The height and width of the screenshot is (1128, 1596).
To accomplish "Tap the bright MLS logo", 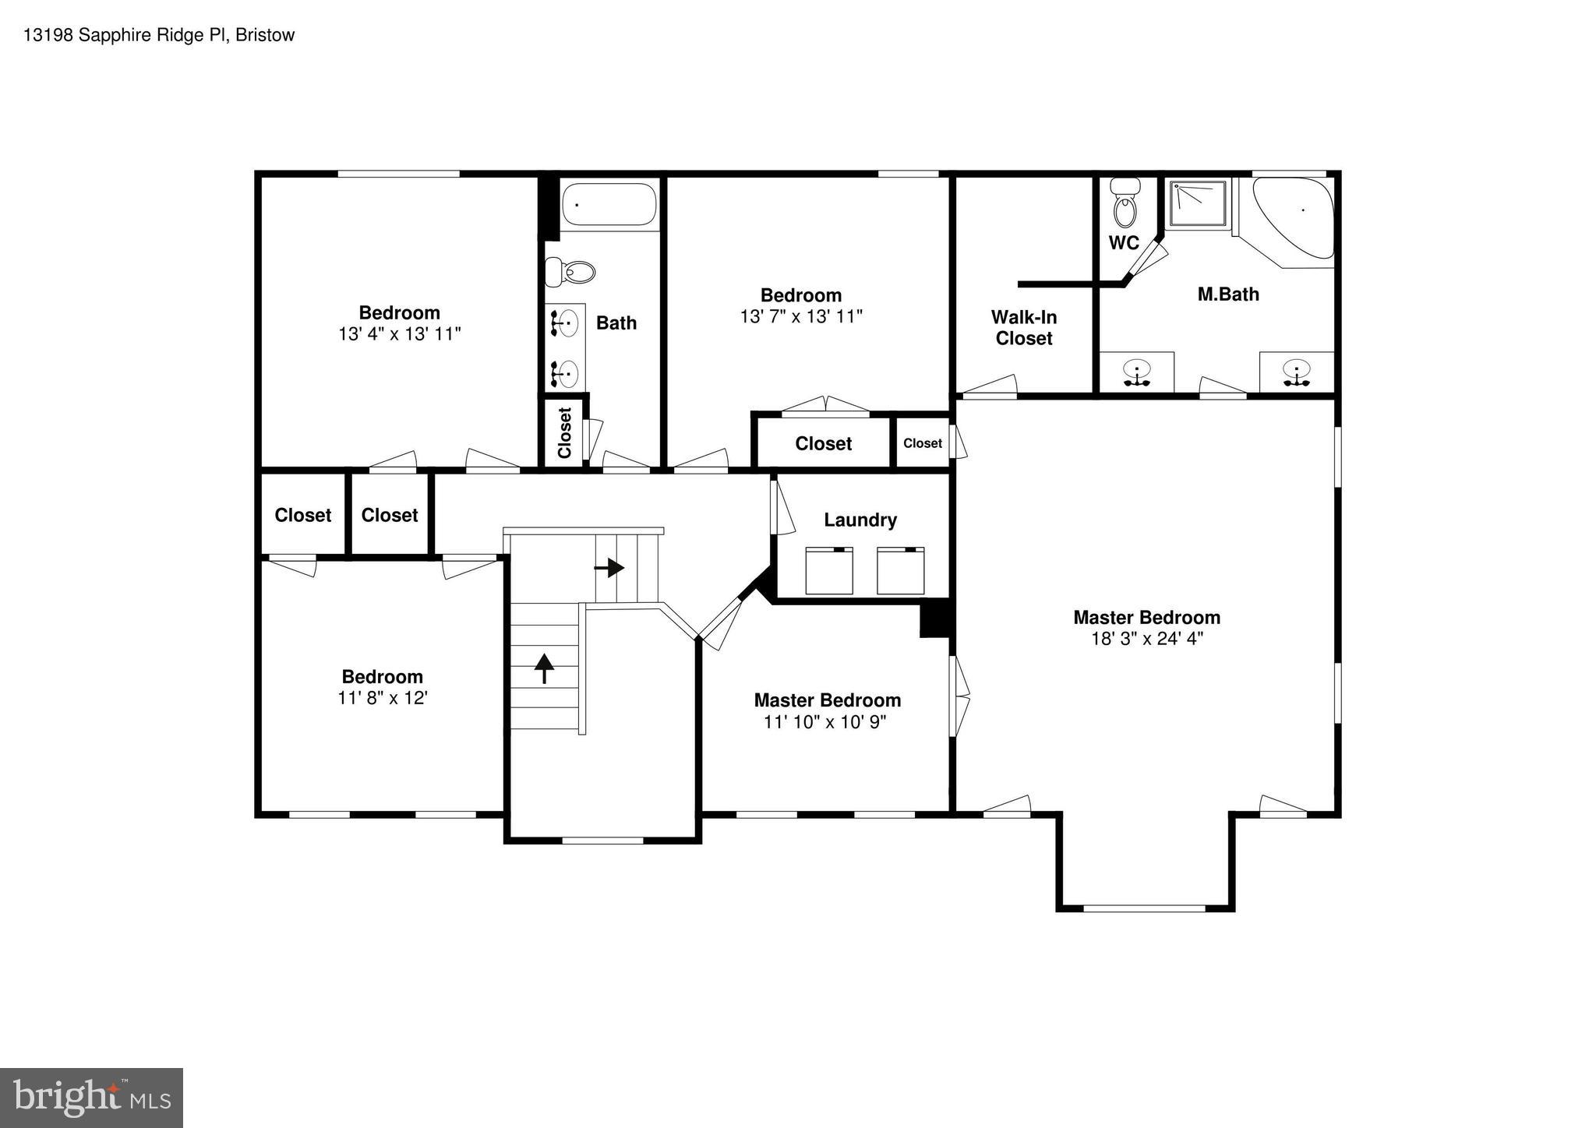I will click(x=91, y=1098).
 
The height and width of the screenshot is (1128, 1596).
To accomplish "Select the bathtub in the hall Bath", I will click(x=609, y=204).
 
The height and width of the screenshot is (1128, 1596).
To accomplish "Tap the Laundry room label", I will click(x=860, y=520).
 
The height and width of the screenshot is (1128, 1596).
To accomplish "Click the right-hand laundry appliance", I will click(x=900, y=571).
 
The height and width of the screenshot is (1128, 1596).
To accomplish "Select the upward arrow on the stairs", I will click(x=544, y=668).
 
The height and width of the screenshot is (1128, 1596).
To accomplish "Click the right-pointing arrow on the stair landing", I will click(x=609, y=568).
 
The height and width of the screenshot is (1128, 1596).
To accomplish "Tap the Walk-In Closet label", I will click(x=1023, y=327).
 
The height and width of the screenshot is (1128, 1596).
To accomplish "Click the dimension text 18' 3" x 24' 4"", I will click(x=1146, y=639).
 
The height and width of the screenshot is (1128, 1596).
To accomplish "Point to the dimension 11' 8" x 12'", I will click(x=382, y=697).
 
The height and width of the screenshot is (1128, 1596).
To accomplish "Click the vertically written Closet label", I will click(x=565, y=433).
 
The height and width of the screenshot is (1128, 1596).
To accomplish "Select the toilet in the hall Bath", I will click(x=573, y=272).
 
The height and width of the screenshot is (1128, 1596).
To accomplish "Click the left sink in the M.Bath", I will click(x=1138, y=372).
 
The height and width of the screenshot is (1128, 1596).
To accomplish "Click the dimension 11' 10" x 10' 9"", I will click(x=824, y=722).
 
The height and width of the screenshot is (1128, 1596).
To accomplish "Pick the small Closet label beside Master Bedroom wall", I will click(x=922, y=443).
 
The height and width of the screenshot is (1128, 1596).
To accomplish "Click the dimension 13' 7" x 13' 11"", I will click(x=801, y=316).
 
